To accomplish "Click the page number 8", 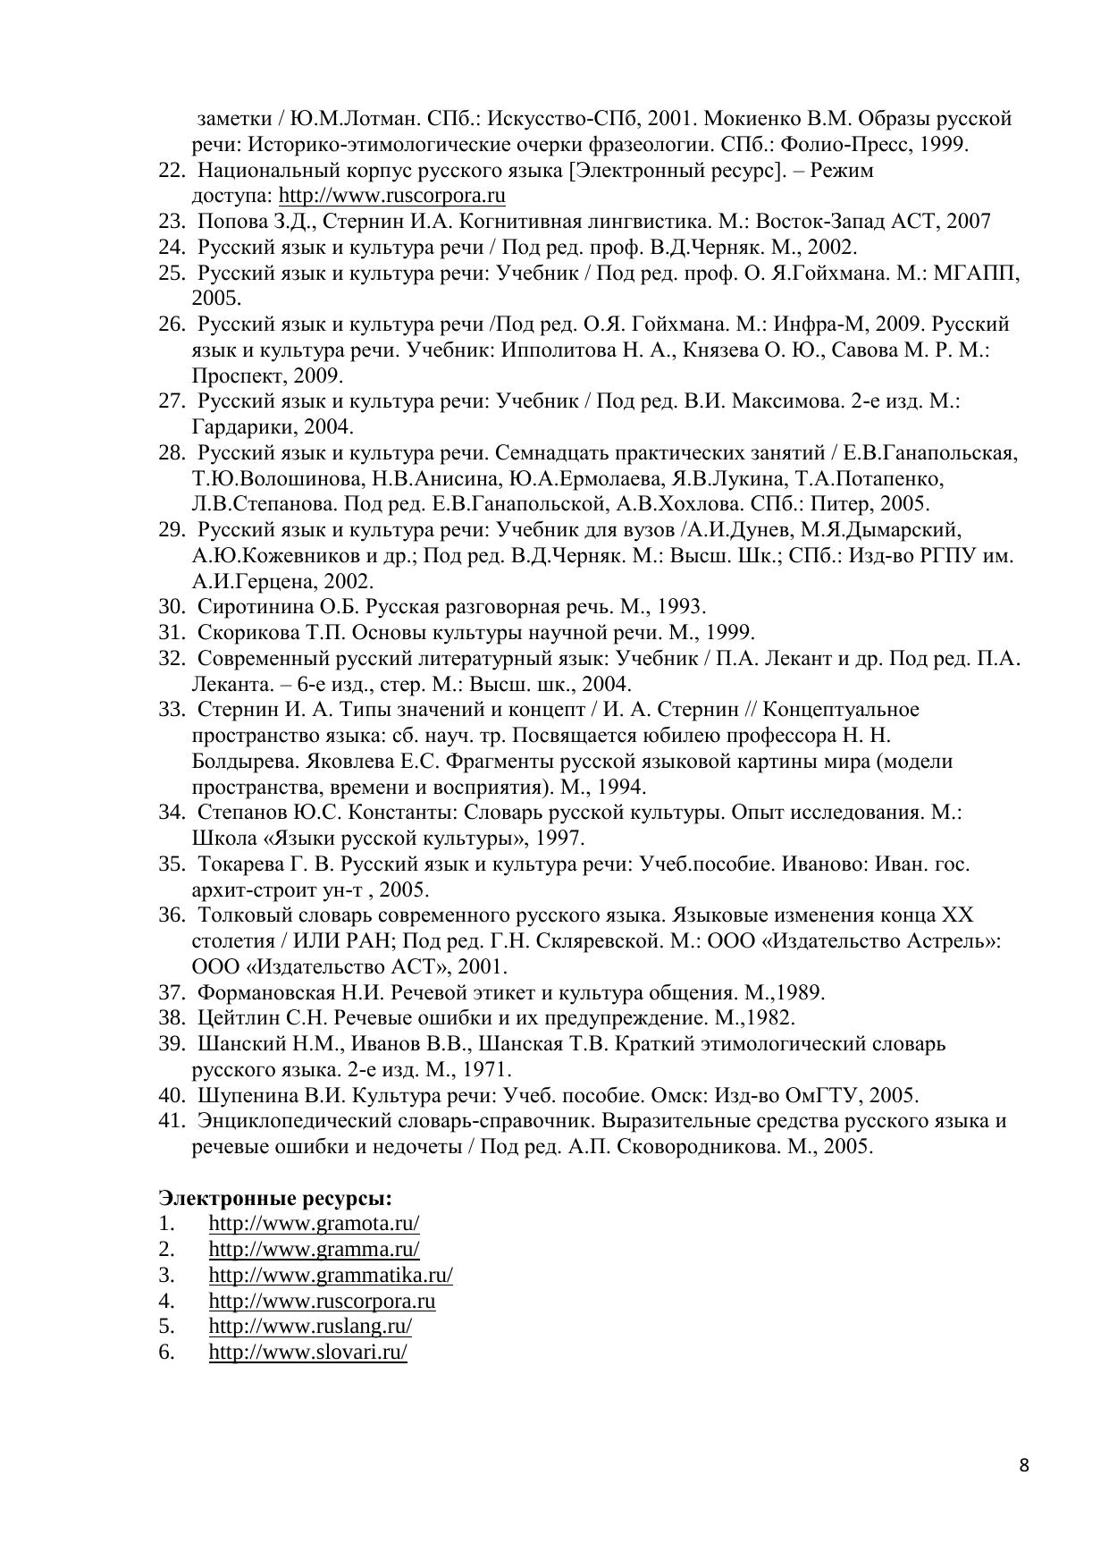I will [x=1024, y=1465].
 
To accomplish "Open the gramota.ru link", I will [x=314, y=1223].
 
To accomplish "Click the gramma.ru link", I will [x=314, y=1249].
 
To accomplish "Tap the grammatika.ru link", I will [x=331, y=1275].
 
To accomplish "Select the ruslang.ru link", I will [x=310, y=1326].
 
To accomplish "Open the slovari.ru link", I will [x=307, y=1352].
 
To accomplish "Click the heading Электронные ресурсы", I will [x=275, y=1197].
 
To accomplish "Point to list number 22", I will [x=171, y=170].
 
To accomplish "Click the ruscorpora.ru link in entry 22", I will [x=392, y=196].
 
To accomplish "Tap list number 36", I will [x=171, y=915].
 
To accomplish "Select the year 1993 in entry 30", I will [x=680, y=606].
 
